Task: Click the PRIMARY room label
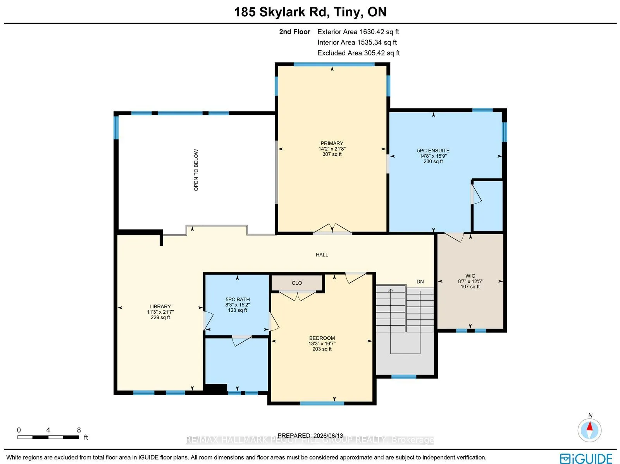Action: tap(332, 143)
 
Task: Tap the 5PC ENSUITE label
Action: tap(433, 151)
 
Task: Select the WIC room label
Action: tap(470, 276)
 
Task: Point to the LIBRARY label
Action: tap(160, 306)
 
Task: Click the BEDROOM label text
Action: tap(322, 338)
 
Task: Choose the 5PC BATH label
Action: tap(238, 299)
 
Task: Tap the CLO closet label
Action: tap(297, 283)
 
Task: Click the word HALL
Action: tap(322, 255)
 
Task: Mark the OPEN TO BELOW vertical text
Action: tap(196, 170)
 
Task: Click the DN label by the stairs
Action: tap(420, 282)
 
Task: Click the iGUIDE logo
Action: tap(586, 458)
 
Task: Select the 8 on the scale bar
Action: tap(79, 430)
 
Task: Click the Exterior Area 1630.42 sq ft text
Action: tap(358, 32)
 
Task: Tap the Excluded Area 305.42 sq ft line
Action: tap(359, 53)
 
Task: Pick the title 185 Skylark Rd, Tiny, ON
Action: tap(310, 12)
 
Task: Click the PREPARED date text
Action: tap(310, 436)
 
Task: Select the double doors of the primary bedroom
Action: tap(332, 229)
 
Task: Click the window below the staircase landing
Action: tap(404, 376)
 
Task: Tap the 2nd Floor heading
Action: tap(294, 32)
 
